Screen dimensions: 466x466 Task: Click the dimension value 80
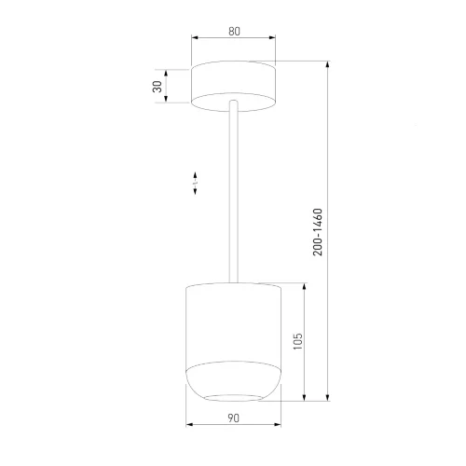(234, 32)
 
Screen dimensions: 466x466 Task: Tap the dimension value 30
(158, 87)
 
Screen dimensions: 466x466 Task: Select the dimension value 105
(297, 341)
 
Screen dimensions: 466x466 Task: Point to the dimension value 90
(233, 418)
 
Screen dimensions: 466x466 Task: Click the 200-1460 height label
(318, 232)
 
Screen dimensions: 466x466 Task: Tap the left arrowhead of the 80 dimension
(195, 37)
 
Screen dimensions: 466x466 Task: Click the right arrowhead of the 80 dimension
(272, 37)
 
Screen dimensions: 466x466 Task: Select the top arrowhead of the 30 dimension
(166, 74)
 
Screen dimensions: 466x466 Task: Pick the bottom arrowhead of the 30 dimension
(166, 99)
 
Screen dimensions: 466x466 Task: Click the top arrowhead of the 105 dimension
(304, 286)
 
